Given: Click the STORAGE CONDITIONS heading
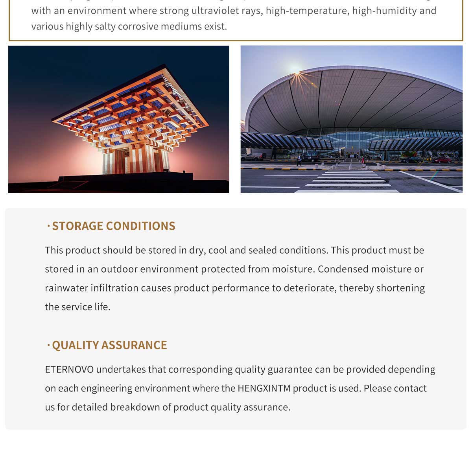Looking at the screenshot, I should tap(113, 226).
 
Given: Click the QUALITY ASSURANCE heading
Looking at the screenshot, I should tap(109, 345).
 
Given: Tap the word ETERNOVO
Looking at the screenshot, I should tap(69, 369).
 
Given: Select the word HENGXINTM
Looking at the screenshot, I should tap(264, 388).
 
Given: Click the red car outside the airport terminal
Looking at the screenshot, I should tap(442, 160).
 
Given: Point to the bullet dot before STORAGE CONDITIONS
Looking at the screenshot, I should tap(48, 226).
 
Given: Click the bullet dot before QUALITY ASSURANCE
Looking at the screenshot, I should tap(48, 345).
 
